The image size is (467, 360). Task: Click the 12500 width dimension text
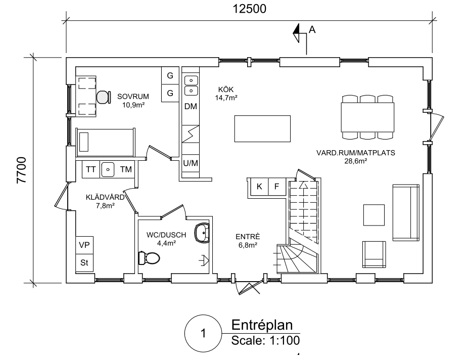[x=249, y=9]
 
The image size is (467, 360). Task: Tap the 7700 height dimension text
[x=21, y=170]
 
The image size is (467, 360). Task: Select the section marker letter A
[x=312, y=29]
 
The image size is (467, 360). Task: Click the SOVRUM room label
[x=133, y=97]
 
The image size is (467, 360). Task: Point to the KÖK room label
[x=226, y=89]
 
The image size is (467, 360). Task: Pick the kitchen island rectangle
[x=262, y=128]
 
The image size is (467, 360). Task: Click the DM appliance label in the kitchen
[x=191, y=106]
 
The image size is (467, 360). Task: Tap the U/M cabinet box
[x=191, y=163]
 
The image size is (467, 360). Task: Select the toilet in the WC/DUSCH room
[x=149, y=258]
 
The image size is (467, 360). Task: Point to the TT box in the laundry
[x=91, y=169]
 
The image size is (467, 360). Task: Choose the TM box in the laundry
[x=126, y=169]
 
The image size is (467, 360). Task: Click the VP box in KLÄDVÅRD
[x=84, y=245]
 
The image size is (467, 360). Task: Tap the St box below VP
[x=84, y=262]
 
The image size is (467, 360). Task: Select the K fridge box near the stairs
[x=259, y=187]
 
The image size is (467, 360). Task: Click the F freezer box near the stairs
[x=276, y=187]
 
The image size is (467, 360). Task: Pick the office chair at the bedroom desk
[x=103, y=97]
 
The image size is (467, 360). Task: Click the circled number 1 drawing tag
[x=203, y=333]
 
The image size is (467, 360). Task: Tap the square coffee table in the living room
[x=374, y=215]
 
